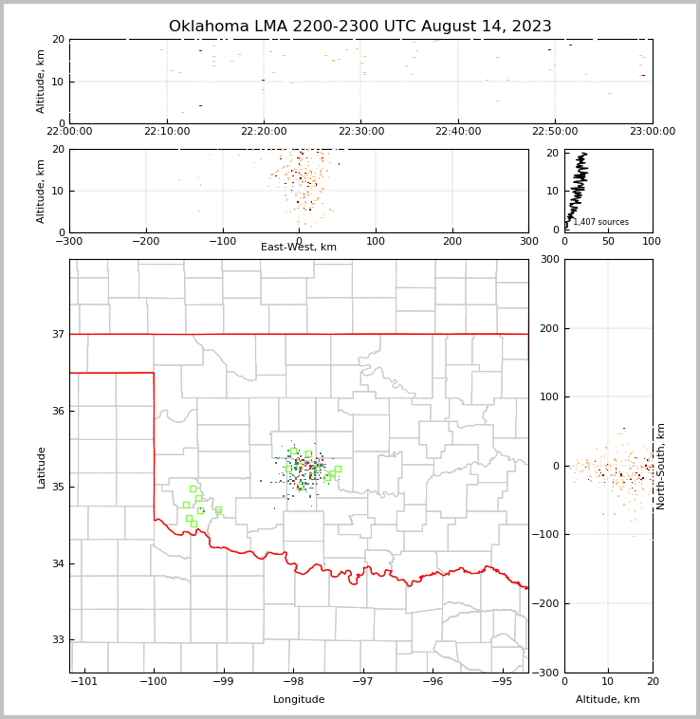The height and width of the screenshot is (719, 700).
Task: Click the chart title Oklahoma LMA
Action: coord(359,27)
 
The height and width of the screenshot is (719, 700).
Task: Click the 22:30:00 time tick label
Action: coord(361,131)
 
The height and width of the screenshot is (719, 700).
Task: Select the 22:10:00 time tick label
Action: coord(167,131)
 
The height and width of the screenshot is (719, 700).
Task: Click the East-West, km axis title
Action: coord(299,248)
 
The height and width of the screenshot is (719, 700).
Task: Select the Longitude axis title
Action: coord(299,700)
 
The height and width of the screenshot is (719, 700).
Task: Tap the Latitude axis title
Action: coord(42,467)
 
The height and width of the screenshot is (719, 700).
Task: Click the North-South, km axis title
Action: coord(661,466)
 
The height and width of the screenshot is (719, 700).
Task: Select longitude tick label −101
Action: coord(83,682)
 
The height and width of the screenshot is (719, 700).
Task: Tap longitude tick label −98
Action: coord(293,682)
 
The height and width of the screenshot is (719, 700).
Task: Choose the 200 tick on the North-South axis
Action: coord(546,328)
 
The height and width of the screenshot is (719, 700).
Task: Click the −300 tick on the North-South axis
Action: coord(543,673)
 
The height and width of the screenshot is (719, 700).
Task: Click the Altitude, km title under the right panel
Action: coord(608,700)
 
